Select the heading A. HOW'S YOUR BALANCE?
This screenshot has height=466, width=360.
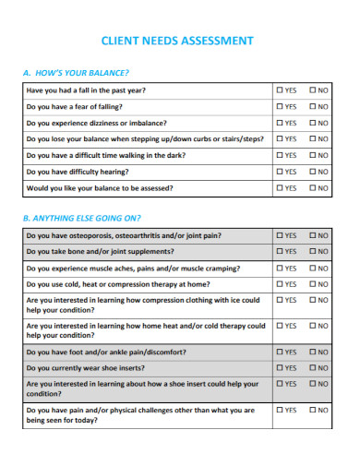pos(75,72)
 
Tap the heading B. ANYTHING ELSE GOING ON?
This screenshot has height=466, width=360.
pos(81,218)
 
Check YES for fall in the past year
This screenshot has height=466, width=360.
pos(280,90)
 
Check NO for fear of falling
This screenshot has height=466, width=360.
pos(313,107)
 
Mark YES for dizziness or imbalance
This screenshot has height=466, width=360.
pos(280,123)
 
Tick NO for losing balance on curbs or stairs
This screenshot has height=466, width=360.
pos(313,139)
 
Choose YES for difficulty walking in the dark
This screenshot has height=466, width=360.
pos(280,155)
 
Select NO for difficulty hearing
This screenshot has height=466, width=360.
pos(313,172)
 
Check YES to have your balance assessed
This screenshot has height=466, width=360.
pos(280,188)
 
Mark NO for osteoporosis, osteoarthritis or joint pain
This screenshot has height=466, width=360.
pos(313,235)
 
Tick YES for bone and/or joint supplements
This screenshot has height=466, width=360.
pos(280,251)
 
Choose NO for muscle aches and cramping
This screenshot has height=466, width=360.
pos(313,268)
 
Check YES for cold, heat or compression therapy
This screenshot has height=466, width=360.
pos(280,284)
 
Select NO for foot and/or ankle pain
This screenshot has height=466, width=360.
pos(313,352)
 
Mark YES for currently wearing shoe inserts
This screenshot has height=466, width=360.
pos(280,368)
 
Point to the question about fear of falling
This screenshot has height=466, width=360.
pos(78,107)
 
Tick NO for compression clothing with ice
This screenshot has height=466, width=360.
pos(313,300)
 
